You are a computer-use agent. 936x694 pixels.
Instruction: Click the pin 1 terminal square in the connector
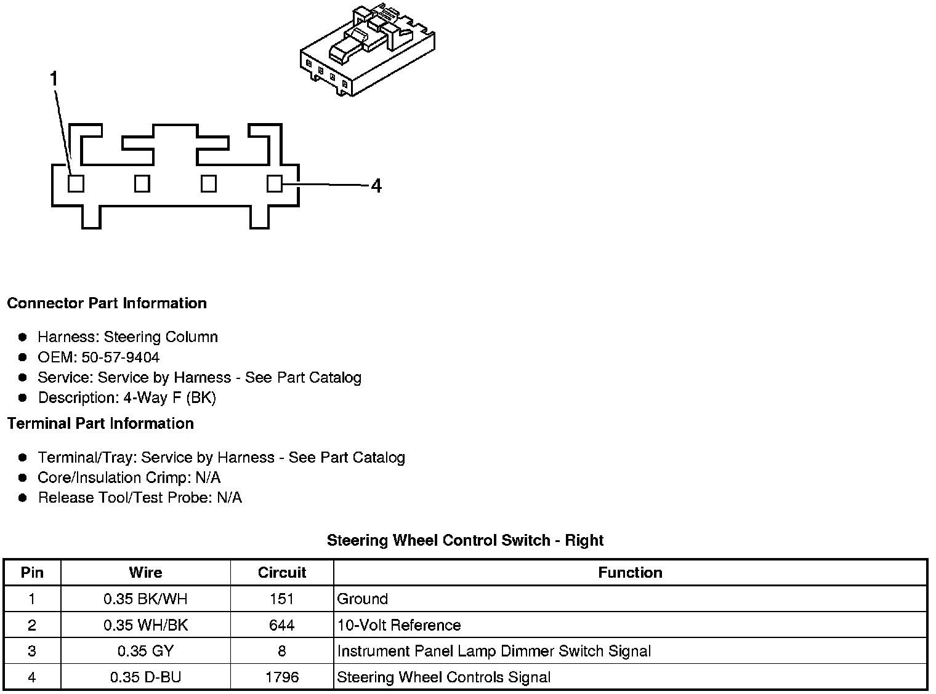[x=76, y=183]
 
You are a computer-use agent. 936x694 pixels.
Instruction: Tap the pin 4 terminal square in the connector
[x=275, y=183]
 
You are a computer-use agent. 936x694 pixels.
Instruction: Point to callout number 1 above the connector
[x=54, y=79]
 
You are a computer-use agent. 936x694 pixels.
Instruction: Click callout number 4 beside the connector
[x=376, y=185]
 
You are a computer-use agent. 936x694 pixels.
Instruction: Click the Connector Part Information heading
[x=107, y=303]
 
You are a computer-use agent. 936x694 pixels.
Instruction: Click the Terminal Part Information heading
[x=100, y=424]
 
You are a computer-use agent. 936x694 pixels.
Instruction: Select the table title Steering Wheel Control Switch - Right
[x=465, y=540]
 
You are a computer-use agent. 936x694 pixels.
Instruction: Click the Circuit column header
[x=282, y=573]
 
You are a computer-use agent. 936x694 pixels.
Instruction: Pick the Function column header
[x=630, y=573]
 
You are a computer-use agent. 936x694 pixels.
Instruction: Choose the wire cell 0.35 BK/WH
[x=146, y=599]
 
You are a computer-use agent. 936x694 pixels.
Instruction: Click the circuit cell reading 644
[x=282, y=625]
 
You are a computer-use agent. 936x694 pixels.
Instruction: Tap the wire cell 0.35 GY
[x=146, y=651]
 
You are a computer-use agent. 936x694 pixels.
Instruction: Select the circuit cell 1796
[x=282, y=677]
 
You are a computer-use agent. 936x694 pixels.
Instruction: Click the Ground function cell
[x=362, y=599]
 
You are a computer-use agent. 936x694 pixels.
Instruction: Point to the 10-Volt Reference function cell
[x=399, y=625]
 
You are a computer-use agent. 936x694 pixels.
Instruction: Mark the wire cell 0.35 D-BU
[x=146, y=677]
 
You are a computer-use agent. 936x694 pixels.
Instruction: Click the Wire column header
[x=146, y=573]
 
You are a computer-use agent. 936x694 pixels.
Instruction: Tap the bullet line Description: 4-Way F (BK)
[x=127, y=398]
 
